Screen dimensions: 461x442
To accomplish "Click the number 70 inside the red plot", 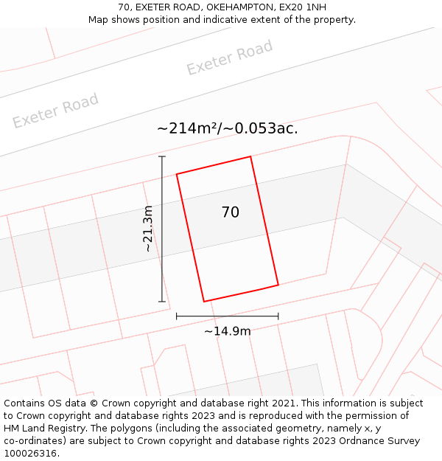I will pyautogui.click(x=231, y=212).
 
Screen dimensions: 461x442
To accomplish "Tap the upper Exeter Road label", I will pyautogui.click(x=229, y=58).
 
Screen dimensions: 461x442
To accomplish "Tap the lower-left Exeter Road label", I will pyautogui.click(x=55, y=111).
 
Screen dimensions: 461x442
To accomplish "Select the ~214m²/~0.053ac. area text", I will pyautogui.click(x=228, y=128).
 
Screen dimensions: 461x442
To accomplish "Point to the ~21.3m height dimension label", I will pyautogui.click(x=148, y=229).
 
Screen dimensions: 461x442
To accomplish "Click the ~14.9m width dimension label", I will pyautogui.click(x=228, y=331).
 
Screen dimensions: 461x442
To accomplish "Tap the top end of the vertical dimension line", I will pyautogui.click(x=162, y=156).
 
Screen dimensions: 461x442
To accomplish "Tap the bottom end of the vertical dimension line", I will pyautogui.click(x=162, y=302).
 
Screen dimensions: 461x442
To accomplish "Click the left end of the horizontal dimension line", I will pyautogui.click(x=177, y=316).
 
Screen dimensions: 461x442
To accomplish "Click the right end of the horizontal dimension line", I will pyautogui.click(x=278, y=316).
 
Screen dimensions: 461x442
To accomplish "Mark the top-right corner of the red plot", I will pyautogui.click(x=250, y=156).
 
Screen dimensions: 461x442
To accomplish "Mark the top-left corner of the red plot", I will pyautogui.click(x=177, y=174).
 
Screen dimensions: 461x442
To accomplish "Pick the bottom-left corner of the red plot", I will pyautogui.click(x=204, y=302).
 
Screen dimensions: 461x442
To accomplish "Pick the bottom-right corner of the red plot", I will pyautogui.click(x=278, y=285).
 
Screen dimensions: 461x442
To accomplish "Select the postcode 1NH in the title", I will pyautogui.click(x=312, y=7).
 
